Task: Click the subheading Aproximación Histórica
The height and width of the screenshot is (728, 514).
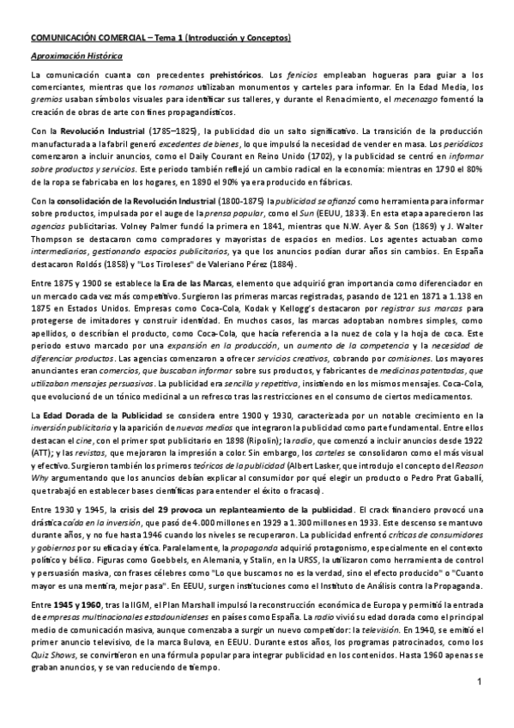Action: tap(76, 56)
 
